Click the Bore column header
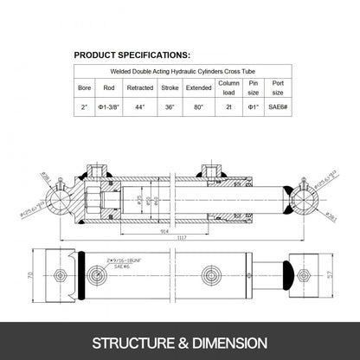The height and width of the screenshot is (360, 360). pos(84,87)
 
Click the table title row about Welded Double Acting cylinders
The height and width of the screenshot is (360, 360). pos(179,72)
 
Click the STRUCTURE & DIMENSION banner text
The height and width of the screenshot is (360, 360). pos(180,341)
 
